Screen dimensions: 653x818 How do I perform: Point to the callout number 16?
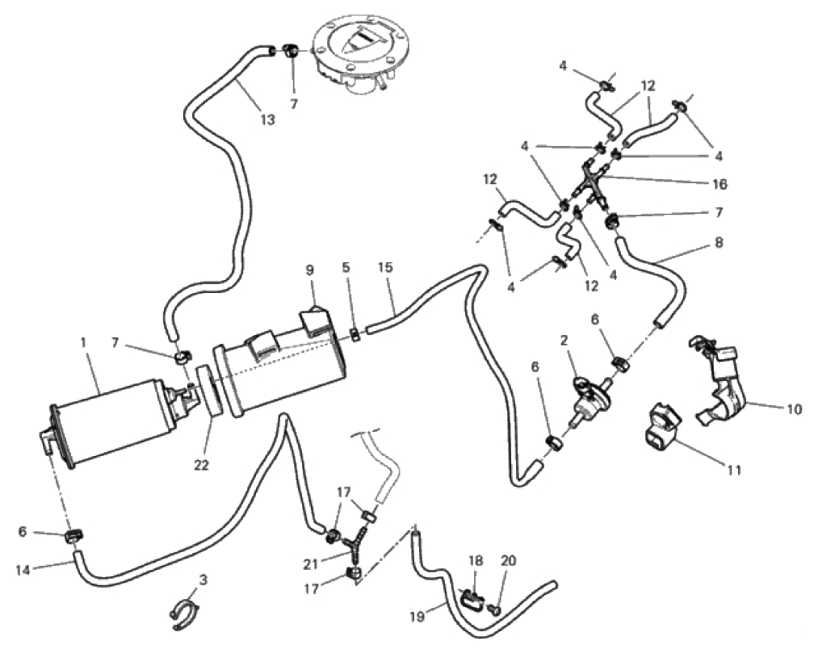coord(720,185)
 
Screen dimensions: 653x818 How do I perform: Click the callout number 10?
coord(795,409)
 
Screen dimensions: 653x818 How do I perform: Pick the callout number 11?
coord(733,468)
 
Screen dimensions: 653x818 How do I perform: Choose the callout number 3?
coord(203,580)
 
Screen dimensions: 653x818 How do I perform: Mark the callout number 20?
coord(509,560)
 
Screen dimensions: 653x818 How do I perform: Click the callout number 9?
coord(309,271)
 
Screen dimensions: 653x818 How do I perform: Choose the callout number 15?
coord(385,266)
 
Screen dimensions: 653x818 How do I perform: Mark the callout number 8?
coord(719,241)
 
